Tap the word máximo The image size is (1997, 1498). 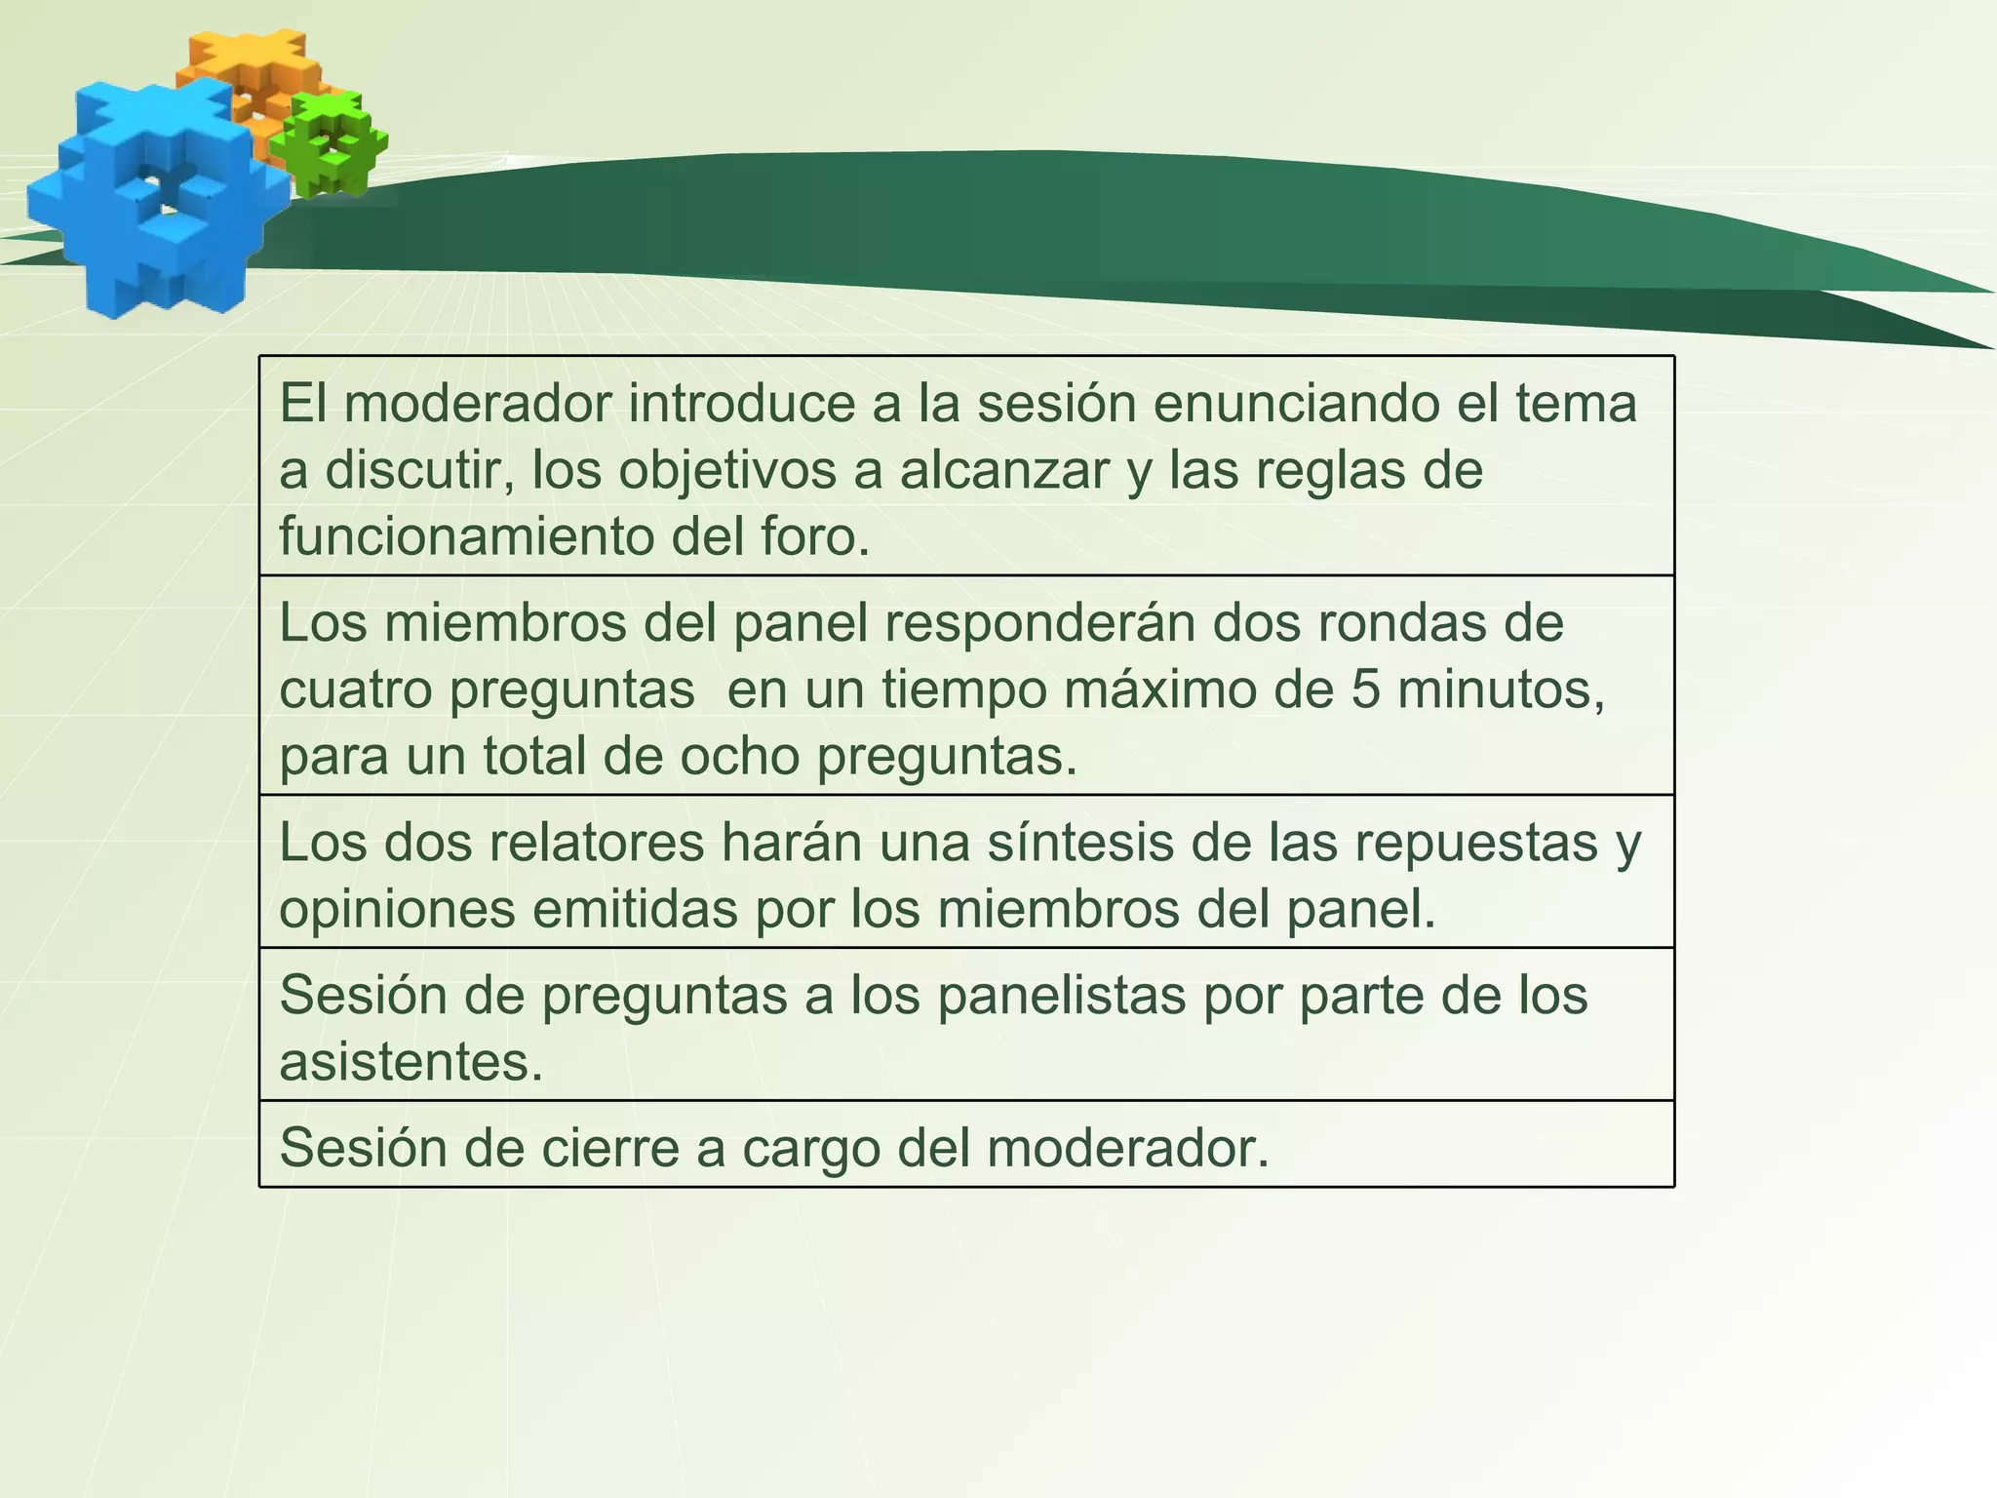tap(1181, 690)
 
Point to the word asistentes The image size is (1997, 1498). tap(411, 1062)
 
